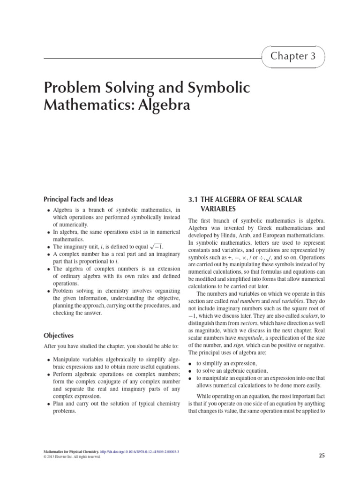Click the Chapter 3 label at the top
point(294,56)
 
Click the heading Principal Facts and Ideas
point(78,199)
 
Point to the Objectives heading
point(60,336)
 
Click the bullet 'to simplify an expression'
point(222,363)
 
